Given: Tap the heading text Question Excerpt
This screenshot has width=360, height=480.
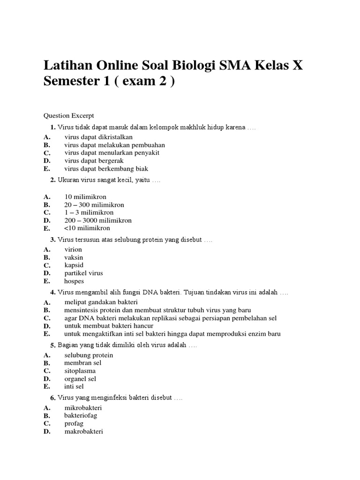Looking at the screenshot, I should click(69, 115).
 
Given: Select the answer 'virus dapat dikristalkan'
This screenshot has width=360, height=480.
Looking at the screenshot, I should click(98, 137).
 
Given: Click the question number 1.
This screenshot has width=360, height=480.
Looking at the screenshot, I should click(53, 127).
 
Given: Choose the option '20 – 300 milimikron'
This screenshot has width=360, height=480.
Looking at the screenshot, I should click(94, 205).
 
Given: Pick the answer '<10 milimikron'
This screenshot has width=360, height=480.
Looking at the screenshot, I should click(87, 228).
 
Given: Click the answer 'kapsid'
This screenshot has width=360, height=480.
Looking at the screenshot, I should click(74, 265).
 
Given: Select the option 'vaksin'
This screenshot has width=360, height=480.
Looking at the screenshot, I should click(74, 257).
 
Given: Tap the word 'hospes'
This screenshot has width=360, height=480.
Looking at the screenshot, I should click(74, 281).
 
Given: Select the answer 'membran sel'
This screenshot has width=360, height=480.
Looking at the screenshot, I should click(83, 363).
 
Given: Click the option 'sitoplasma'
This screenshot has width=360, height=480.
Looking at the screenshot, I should click(80, 371).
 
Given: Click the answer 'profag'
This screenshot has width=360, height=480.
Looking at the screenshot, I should click(74, 423).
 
